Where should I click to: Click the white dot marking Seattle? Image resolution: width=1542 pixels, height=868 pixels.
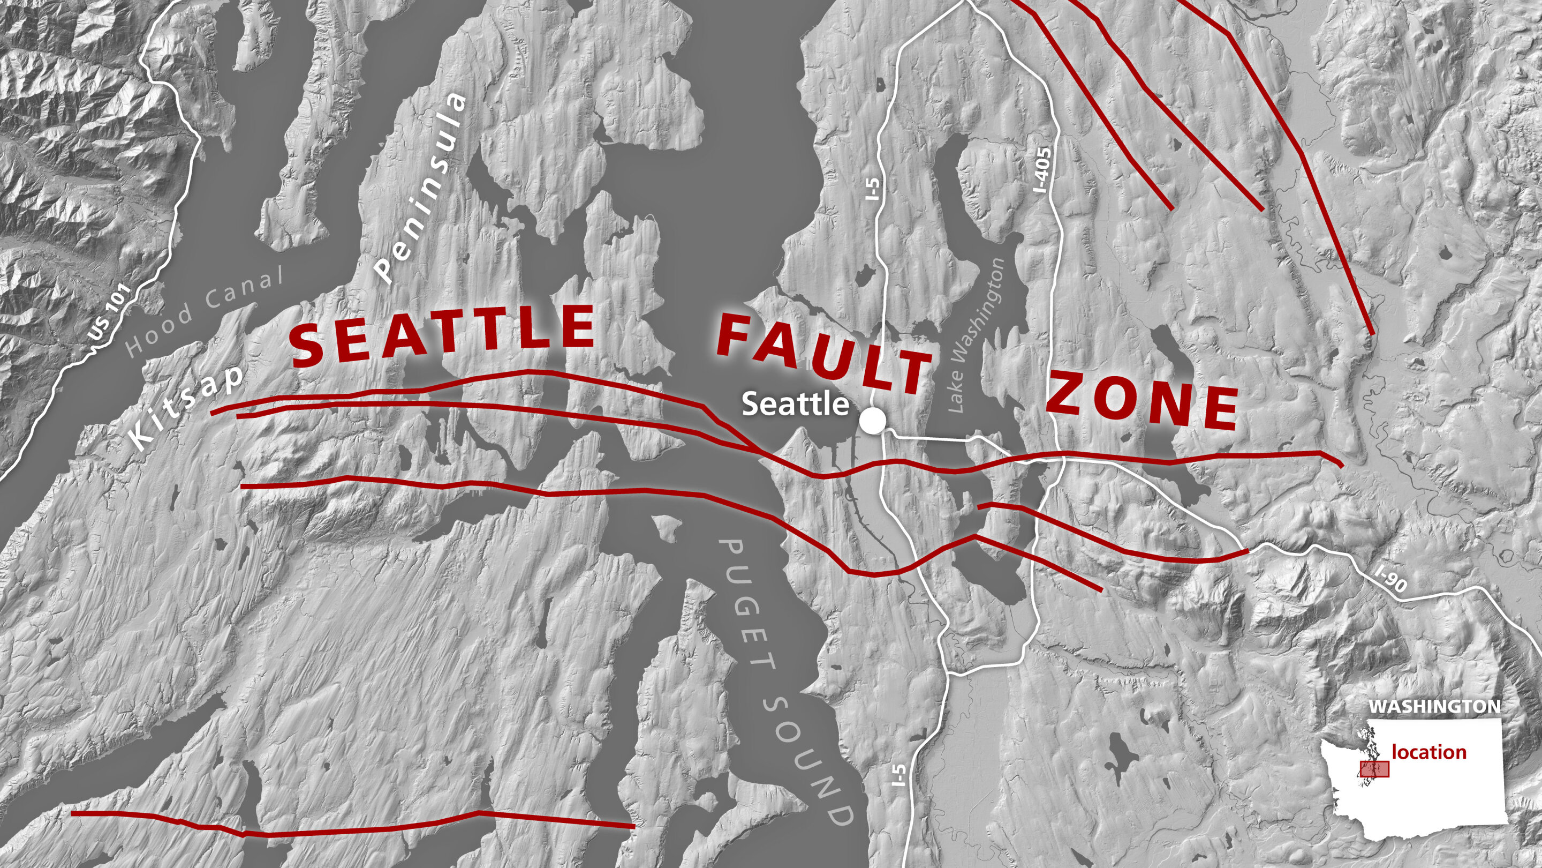click(872, 421)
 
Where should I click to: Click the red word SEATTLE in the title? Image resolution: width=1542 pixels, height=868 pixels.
click(443, 335)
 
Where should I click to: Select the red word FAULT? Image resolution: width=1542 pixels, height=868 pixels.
click(823, 356)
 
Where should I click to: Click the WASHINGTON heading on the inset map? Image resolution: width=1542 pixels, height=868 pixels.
click(1434, 707)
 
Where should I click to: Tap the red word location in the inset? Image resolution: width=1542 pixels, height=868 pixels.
click(1429, 752)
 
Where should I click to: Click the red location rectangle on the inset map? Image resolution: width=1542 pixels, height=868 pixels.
click(1374, 769)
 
